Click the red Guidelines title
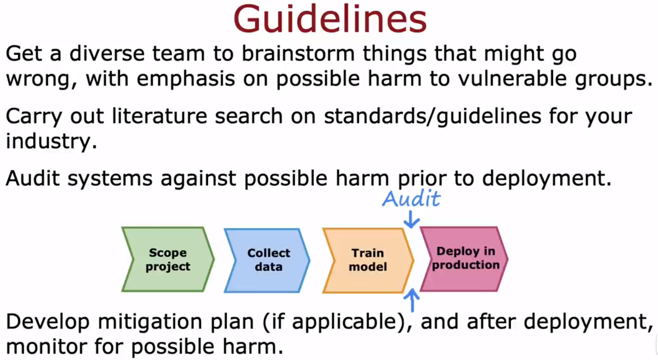pos(330,20)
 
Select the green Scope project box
pos(168,259)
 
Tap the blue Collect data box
pos(268,260)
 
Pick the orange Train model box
pos(368,260)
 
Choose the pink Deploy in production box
pos(465,259)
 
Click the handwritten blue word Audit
pos(411,198)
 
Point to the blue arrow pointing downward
pos(411,220)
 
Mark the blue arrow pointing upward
pos(412,300)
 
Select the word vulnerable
pos(512,79)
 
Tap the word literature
pos(158,116)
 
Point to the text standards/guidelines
pos(432,116)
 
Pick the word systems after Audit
pos(110,179)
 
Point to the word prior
pos(421,179)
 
